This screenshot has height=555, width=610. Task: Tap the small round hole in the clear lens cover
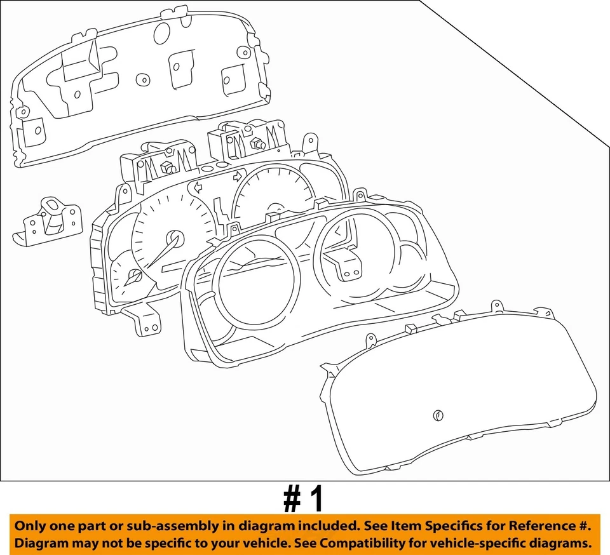437,415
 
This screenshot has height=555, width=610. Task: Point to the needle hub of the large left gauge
175,239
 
